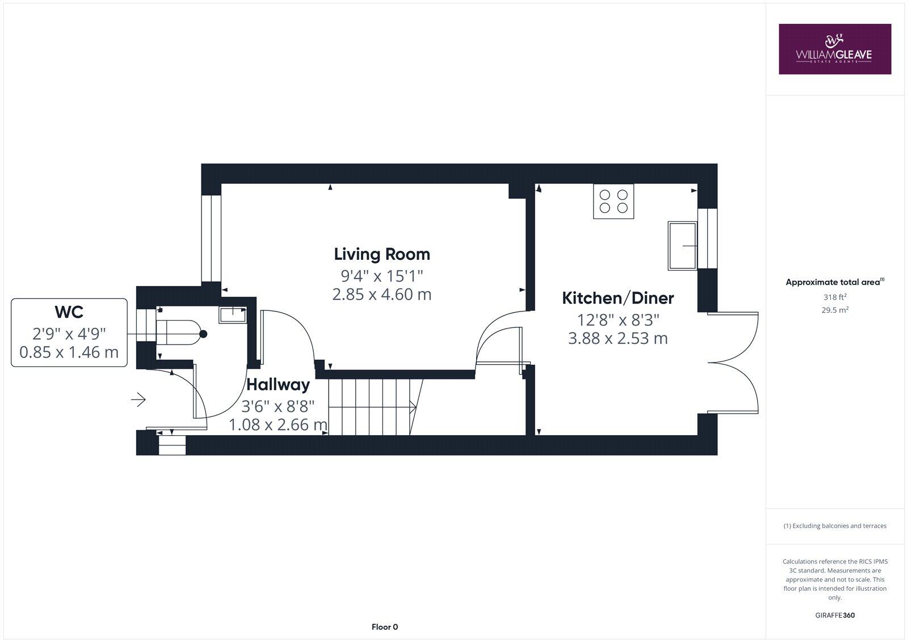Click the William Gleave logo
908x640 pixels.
(x=834, y=49)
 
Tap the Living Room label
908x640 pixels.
(x=381, y=254)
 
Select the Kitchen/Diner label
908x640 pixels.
(x=617, y=298)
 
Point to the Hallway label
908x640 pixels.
(x=278, y=385)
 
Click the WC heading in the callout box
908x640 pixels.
(x=69, y=312)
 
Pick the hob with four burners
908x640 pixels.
(x=613, y=201)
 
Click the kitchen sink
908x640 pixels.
(x=683, y=246)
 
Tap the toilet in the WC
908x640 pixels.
(x=177, y=332)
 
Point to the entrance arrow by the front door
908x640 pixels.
(x=138, y=400)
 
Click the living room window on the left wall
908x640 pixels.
(x=211, y=238)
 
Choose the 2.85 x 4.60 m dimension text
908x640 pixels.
(x=381, y=294)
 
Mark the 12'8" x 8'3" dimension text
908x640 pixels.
(x=617, y=320)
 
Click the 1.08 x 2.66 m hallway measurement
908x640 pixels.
(x=278, y=424)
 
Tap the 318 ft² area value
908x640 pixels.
(x=835, y=297)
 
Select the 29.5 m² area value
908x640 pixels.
(x=835, y=310)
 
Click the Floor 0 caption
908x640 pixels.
(x=385, y=627)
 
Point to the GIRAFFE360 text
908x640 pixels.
(x=835, y=615)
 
